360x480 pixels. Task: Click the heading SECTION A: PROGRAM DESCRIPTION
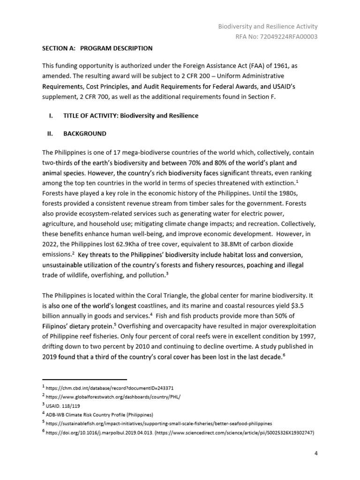tap(97, 48)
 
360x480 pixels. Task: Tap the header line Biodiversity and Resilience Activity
tap(268, 27)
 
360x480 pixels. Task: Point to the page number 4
tap(316, 454)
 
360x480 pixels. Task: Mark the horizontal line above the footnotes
tap(84, 379)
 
